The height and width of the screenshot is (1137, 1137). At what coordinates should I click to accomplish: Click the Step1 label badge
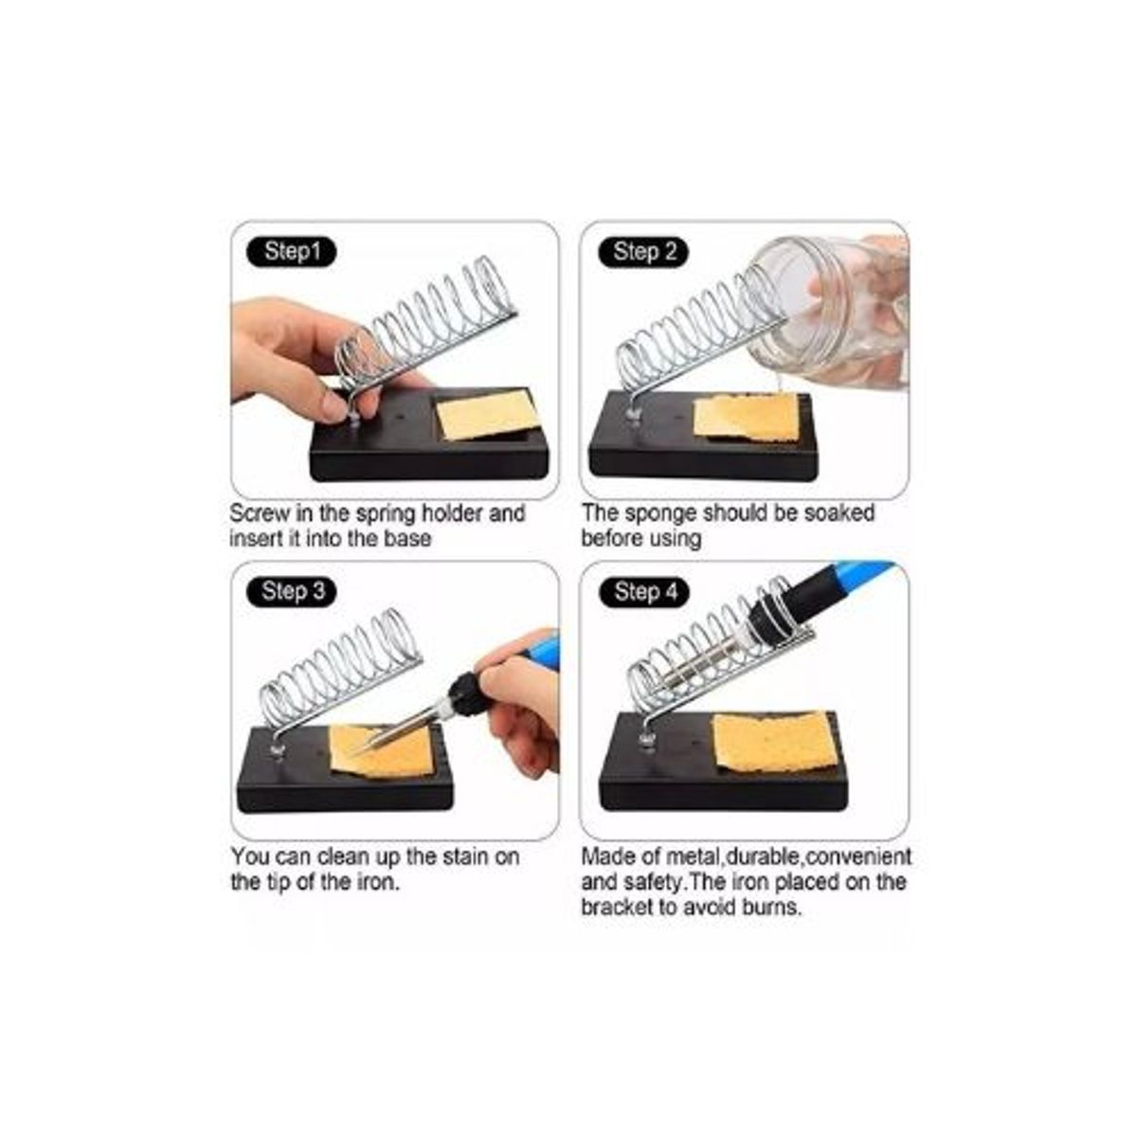point(291,252)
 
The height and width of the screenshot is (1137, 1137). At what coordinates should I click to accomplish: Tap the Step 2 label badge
point(643,252)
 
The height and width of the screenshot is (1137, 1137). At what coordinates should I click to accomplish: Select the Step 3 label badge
point(291,591)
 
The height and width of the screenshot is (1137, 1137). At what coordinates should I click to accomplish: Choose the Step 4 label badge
point(643,591)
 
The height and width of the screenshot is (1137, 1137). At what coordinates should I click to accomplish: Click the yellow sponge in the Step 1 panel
point(486,415)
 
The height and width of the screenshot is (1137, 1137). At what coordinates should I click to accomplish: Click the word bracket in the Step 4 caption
point(617,907)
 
